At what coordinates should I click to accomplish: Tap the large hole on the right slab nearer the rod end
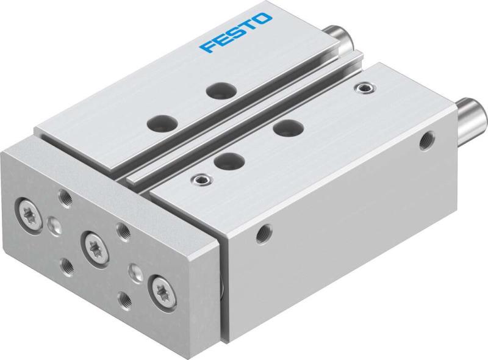coord(283,129)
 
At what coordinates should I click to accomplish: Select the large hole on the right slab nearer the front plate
coord(226,160)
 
